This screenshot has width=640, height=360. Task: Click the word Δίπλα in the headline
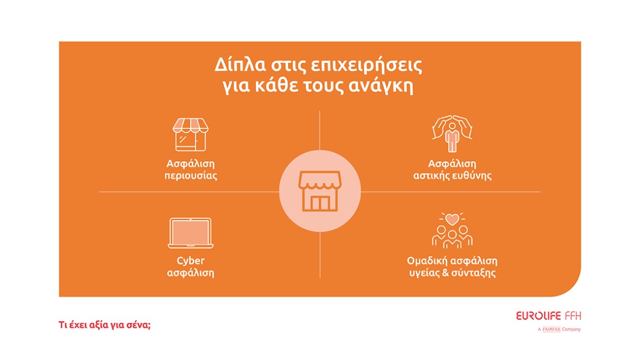[241, 65]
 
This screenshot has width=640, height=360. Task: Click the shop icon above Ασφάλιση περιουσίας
[190, 134]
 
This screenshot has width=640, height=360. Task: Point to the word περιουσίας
[190, 176]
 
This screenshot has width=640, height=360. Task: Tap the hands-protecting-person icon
[452, 134]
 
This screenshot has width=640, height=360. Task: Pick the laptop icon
[190, 233]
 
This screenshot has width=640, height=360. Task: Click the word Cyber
[190, 261]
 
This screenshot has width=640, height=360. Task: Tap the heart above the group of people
[452, 219]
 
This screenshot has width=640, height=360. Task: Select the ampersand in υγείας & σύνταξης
[445, 273]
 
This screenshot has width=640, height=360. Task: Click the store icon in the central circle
[319, 191]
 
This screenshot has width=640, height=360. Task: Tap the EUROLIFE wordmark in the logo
[538, 316]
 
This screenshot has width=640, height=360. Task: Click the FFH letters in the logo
[573, 316]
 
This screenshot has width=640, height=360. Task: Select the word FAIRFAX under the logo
[551, 330]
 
